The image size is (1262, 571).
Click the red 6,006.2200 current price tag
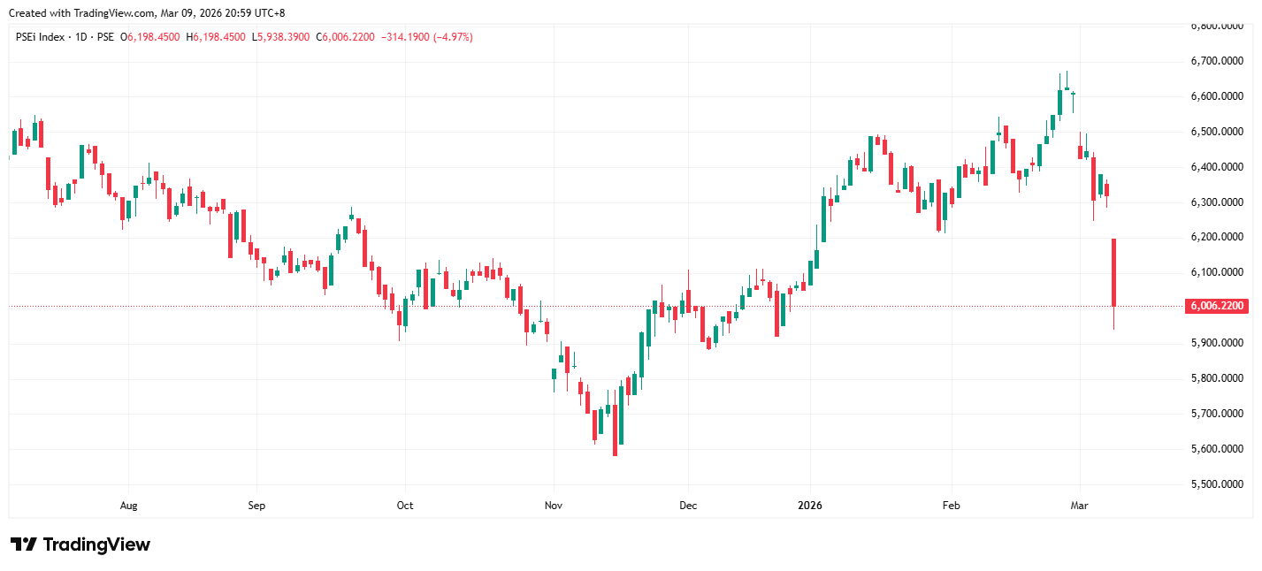(1217, 306)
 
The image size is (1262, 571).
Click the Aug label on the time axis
(128, 506)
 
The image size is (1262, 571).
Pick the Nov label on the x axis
(553, 506)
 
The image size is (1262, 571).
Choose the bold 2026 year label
(809, 506)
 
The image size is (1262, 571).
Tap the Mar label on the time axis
(1079, 506)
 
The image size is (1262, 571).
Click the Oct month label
(404, 506)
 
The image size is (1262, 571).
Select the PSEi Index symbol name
(41, 37)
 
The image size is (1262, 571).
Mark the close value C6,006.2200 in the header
(348, 37)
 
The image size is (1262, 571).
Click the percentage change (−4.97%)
(453, 37)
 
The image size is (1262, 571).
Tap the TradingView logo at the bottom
(80, 544)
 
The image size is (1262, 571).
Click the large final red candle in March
(1113, 272)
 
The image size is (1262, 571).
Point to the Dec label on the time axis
(688, 506)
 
